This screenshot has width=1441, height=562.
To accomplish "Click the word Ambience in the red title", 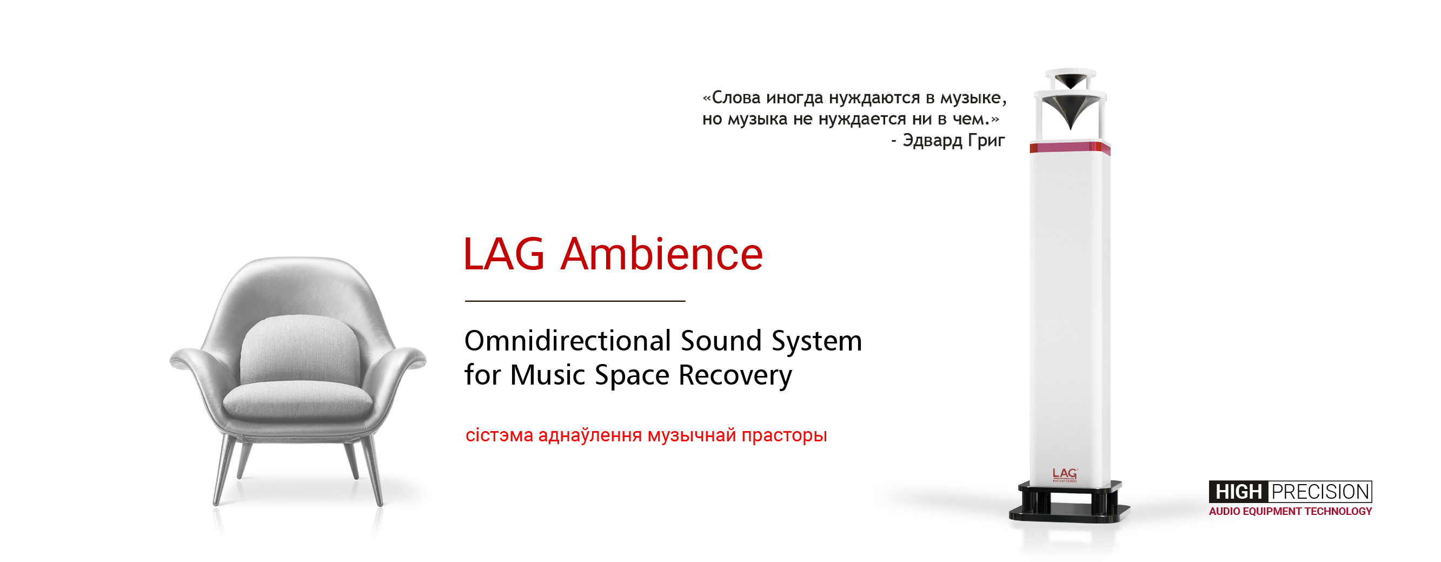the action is coord(662,254).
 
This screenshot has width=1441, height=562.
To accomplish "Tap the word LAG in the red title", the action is coord(503,254).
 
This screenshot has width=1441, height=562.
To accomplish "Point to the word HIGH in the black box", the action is coord(1238,492).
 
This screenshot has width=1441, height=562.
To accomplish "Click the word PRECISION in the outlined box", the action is coord(1320,492).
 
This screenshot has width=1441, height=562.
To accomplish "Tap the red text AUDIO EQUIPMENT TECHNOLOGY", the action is coord(1290,511).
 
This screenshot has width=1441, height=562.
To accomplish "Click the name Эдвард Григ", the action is coord(953,140).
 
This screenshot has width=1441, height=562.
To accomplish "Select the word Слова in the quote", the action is coord(735,98).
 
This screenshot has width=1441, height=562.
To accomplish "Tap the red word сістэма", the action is coord(499,435).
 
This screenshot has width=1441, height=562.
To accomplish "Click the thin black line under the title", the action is coord(575,301).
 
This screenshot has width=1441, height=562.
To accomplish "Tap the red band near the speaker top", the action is coord(1070,148).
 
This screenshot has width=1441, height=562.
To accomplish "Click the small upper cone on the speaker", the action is coord(1070,80).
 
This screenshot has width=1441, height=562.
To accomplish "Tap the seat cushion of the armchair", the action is coord(297,401).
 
